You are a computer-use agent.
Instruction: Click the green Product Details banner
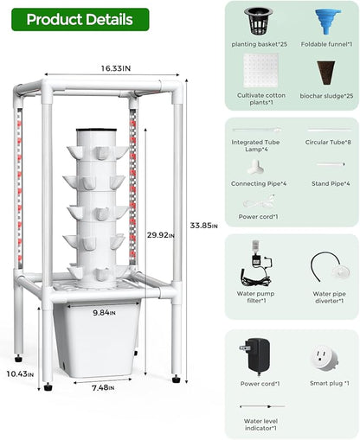80,19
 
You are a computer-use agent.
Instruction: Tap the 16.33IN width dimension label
115,67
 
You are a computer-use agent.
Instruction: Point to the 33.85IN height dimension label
201,226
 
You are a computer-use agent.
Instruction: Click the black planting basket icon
254,22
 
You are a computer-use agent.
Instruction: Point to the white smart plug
321,355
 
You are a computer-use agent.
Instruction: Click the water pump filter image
256,264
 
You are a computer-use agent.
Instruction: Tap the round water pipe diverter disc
330,271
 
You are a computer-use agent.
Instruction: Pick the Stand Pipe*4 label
329,183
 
